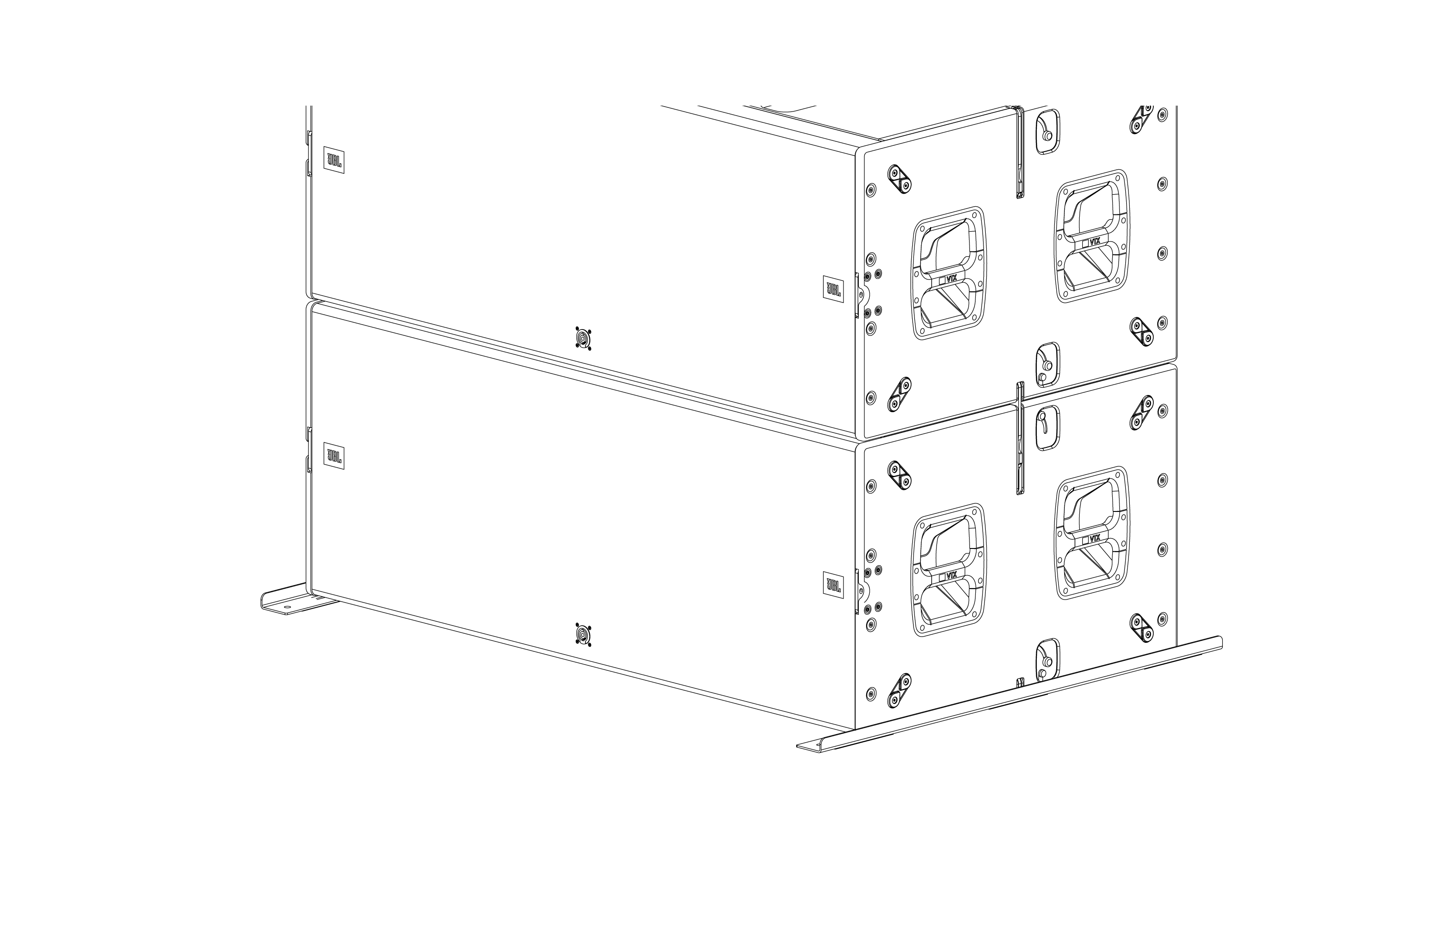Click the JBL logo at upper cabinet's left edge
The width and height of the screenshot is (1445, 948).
(334, 160)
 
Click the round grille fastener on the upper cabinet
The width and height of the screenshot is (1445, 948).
(583, 338)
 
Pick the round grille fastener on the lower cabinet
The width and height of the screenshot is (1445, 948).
(583, 635)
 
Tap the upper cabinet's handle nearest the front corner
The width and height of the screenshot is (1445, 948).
(948, 273)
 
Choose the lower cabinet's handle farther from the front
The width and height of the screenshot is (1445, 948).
(1091, 532)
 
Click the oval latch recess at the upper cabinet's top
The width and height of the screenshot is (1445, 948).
(1047, 132)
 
